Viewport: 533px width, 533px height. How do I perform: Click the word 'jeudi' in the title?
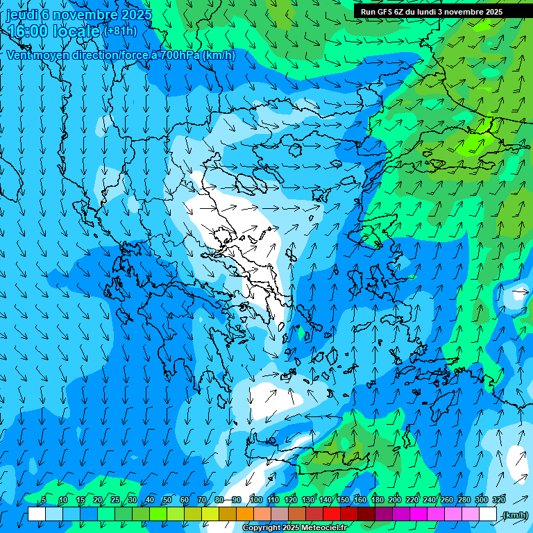(x=22, y=14)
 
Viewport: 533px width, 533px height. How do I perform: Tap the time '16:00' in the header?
(x=28, y=31)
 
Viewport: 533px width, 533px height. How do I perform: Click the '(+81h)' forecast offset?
(x=119, y=31)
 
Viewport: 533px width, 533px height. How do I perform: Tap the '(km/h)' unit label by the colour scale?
(x=514, y=515)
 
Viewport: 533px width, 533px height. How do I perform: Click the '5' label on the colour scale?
(x=44, y=500)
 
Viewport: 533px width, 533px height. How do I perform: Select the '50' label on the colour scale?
(x=167, y=500)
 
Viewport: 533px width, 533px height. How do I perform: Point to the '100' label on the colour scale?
(x=255, y=500)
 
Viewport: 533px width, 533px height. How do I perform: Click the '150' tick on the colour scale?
(x=343, y=500)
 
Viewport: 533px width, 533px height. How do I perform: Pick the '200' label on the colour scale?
(x=395, y=500)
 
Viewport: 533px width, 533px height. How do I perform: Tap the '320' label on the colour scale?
(x=499, y=500)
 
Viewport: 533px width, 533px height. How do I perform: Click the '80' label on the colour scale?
(x=219, y=500)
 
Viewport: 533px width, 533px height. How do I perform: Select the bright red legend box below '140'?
(x=332, y=514)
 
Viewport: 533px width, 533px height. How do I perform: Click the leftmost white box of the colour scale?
(x=37, y=514)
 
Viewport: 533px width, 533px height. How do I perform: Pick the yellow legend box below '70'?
(x=210, y=514)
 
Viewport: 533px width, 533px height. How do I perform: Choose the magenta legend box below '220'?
(x=418, y=514)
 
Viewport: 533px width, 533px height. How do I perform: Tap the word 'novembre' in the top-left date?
(x=89, y=14)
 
